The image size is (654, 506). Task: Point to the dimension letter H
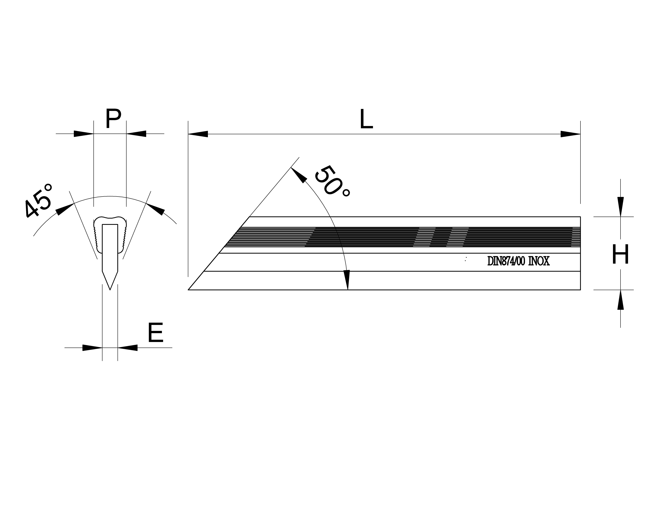point(620,254)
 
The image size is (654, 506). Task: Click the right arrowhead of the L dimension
point(570,134)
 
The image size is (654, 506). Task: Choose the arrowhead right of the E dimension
point(128,348)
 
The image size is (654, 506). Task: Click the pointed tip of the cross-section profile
point(110,290)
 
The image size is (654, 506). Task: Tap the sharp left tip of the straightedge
point(188,290)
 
